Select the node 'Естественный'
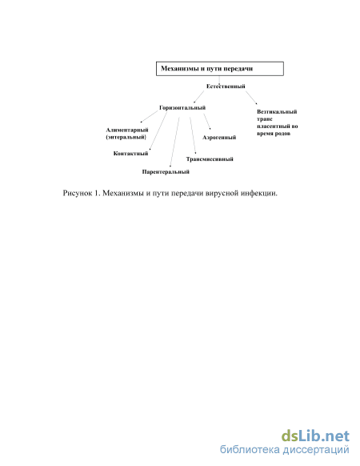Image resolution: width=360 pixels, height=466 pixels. [226, 86]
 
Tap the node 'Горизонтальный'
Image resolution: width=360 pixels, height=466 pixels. [182, 107]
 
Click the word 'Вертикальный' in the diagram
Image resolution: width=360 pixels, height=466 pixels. [277, 112]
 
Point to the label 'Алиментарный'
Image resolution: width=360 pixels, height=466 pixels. [127, 130]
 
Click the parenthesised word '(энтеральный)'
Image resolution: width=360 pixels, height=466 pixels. [126, 137]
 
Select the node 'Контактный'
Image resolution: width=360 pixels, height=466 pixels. [130, 154]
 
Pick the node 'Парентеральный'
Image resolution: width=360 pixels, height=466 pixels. [166, 172]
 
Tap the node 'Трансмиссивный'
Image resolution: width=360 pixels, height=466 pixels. [210, 159]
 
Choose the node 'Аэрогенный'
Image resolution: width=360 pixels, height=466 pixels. [219, 137]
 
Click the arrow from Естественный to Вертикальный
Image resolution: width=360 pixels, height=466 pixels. [251, 98]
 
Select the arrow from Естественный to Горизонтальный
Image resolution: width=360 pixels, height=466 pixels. [199, 97]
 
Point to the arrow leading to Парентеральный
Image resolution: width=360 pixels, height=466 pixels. [174, 142]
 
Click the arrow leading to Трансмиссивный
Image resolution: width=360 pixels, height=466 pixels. [193, 135]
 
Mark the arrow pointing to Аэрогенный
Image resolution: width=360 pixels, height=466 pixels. [207, 122]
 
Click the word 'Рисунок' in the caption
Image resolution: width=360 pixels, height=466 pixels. [78, 193]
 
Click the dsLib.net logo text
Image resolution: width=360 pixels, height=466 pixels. [315, 436]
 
